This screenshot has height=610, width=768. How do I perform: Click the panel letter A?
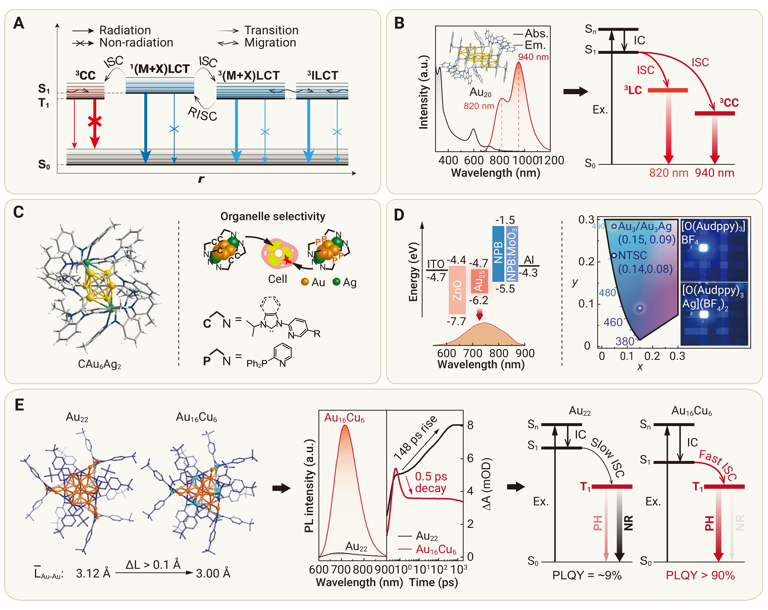coord(19,24)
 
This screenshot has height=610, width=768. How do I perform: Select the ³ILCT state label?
coord(322,75)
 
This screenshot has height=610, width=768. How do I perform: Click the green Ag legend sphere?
coord(336,282)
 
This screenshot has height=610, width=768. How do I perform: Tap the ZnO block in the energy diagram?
coord(457,290)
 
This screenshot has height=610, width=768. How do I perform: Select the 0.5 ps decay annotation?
coord(431,482)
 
